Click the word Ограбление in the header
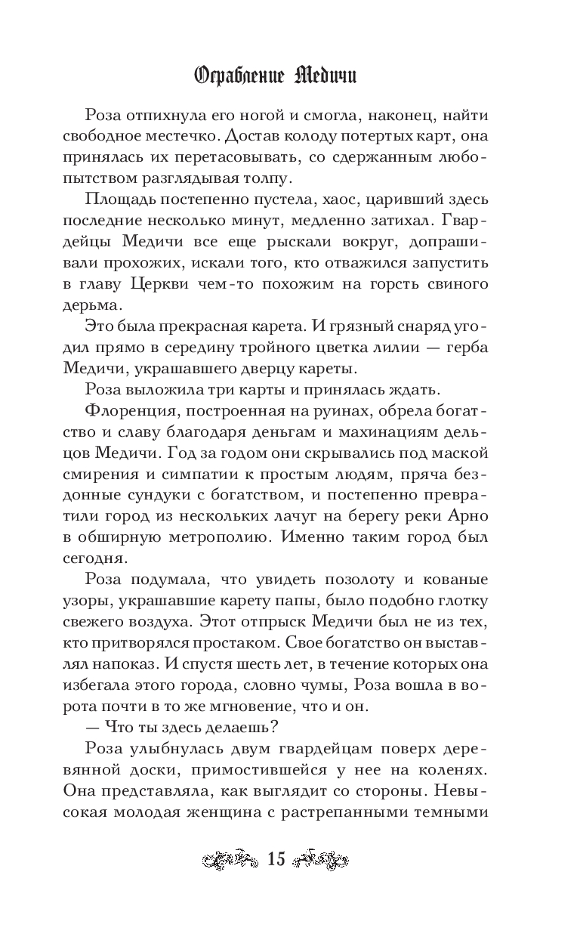tap(239, 76)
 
